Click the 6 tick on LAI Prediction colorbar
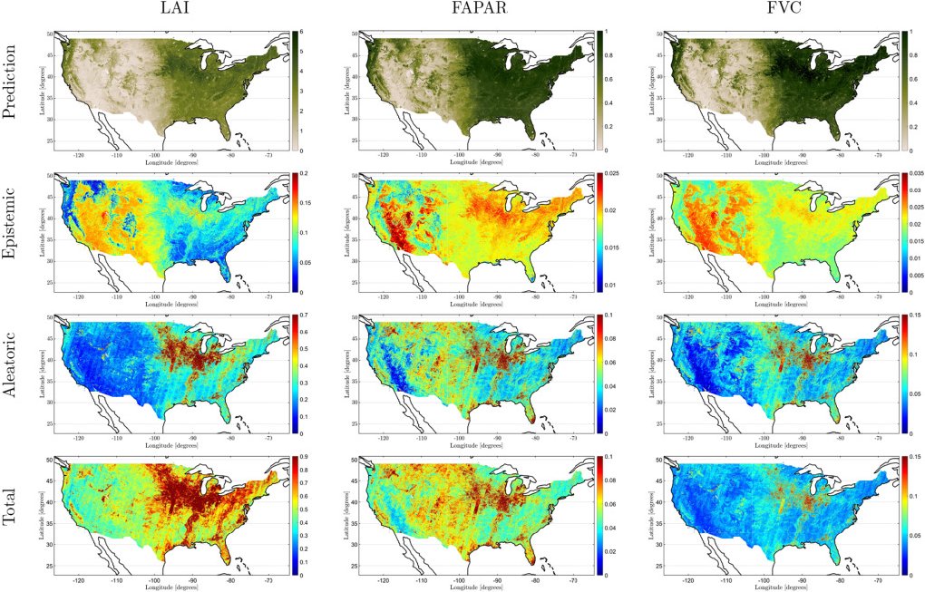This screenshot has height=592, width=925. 314,33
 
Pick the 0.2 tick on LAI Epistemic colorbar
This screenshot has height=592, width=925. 316,173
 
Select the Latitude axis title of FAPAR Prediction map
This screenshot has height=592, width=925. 346,91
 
